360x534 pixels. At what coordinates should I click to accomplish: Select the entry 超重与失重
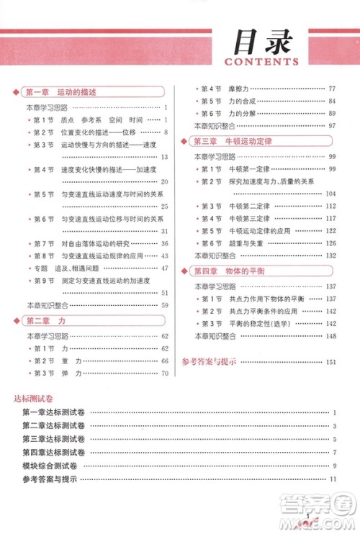click(x=243, y=243)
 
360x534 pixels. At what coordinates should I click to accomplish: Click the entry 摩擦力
click(x=237, y=88)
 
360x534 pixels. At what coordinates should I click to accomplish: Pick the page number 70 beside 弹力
click(x=163, y=373)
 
